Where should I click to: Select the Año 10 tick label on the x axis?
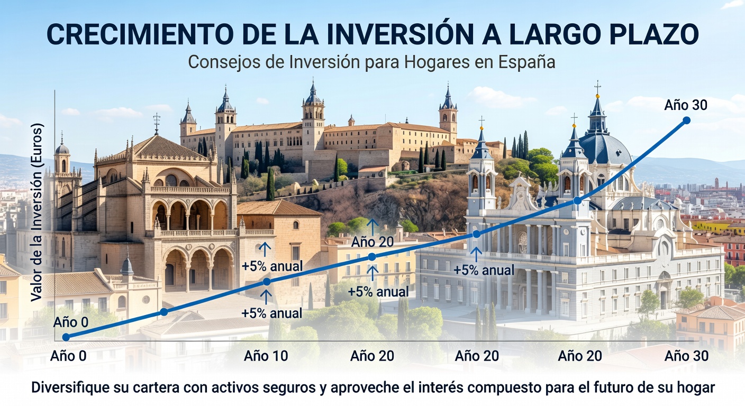click(266, 356)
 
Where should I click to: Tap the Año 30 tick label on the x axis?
click(686, 356)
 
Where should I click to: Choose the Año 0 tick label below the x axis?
click(68, 356)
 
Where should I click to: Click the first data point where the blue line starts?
click(66, 337)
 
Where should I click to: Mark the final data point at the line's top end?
click(687, 121)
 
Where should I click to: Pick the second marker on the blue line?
click(163, 312)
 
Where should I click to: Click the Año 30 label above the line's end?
click(686, 105)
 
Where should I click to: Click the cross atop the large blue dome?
click(597, 87)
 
